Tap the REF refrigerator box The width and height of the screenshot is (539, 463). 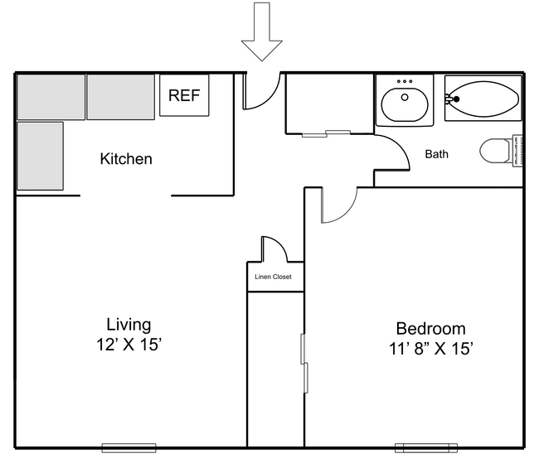tap(184, 95)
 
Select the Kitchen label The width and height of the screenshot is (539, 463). tap(126, 158)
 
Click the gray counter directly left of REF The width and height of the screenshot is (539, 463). tap(121, 96)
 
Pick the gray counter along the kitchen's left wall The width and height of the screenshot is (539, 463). tap(40, 156)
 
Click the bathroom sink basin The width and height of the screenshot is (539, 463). tap(404, 104)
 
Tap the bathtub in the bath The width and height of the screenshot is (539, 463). tap(483, 99)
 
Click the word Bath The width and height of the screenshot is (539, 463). tap(437, 154)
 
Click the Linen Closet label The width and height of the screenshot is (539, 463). tap(272, 277)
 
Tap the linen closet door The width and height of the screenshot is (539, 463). tap(274, 249)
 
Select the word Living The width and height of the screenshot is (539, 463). tap(129, 324)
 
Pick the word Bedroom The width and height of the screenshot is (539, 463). tap(430, 328)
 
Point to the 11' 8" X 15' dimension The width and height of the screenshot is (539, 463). tap(430, 349)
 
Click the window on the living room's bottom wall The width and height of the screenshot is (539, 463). tap(129, 448)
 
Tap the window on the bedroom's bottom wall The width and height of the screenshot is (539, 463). tap(425, 448)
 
